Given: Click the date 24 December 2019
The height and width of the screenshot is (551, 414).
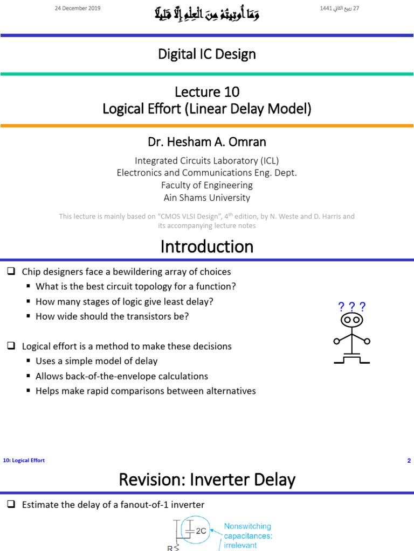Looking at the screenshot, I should coord(78,9).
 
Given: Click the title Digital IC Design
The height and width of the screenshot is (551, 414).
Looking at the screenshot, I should coord(206,54).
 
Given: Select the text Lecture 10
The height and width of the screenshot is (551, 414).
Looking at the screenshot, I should coord(206,92).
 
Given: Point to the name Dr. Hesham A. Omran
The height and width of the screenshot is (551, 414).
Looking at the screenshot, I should coord(206,142).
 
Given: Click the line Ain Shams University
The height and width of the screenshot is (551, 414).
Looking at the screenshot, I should coord(206,197).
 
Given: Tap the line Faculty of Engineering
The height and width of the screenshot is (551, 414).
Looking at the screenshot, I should coord(206,185).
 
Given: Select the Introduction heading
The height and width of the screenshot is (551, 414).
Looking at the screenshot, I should coord(206,246).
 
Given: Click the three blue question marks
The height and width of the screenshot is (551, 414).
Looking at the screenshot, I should coord(351,307).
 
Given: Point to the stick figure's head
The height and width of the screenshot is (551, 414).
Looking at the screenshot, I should coord(351,320).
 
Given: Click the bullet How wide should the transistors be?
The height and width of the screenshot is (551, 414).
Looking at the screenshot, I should coord(112,316).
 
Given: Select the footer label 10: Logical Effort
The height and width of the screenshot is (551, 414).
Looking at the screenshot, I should coord(24,461).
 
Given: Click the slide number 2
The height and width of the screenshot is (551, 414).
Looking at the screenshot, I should coord(409,461).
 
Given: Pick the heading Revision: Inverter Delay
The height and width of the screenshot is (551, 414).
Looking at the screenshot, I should coord(206,479).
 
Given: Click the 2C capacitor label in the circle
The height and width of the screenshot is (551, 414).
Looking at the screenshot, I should coord(200,531).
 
